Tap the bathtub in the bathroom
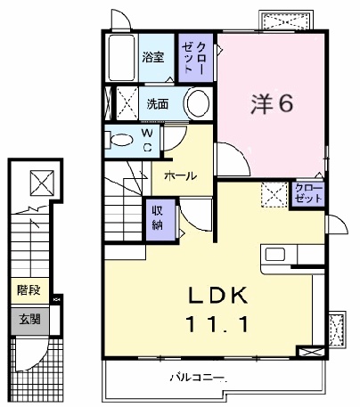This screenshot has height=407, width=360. tap(119, 58)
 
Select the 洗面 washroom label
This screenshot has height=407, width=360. tap(158, 104)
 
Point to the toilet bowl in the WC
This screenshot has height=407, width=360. tap(119, 138)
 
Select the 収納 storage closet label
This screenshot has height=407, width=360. tap(157, 216)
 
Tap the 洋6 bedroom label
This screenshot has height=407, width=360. tap(273, 104)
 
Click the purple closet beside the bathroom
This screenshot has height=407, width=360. tap(195, 59)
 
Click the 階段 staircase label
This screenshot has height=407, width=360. tap(28, 290)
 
